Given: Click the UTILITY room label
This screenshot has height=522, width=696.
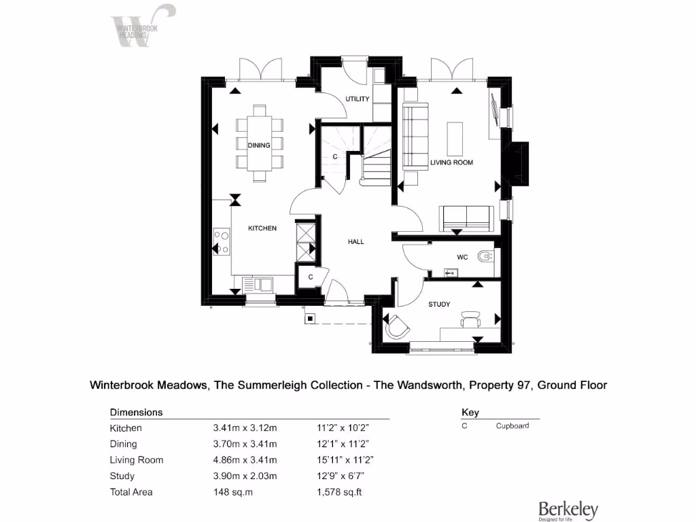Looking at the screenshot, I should (357, 99).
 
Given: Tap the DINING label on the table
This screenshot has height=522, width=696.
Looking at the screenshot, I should (259, 145).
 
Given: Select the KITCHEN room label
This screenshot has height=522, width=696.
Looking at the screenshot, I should (262, 228).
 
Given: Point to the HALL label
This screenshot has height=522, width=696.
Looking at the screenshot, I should (356, 241).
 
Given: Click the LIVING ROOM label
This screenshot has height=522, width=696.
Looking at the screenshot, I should (451, 162).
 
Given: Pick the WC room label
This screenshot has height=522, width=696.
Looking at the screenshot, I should (462, 258).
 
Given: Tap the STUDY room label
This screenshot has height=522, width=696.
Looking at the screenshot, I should (439, 304).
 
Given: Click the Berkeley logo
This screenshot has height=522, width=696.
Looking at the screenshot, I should (568, 510).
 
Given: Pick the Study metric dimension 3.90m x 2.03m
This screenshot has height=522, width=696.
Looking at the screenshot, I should (245, 476).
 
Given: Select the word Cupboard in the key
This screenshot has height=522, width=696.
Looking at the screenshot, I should (512, 425).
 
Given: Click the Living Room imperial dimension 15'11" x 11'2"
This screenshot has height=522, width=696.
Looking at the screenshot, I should (345, 460).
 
